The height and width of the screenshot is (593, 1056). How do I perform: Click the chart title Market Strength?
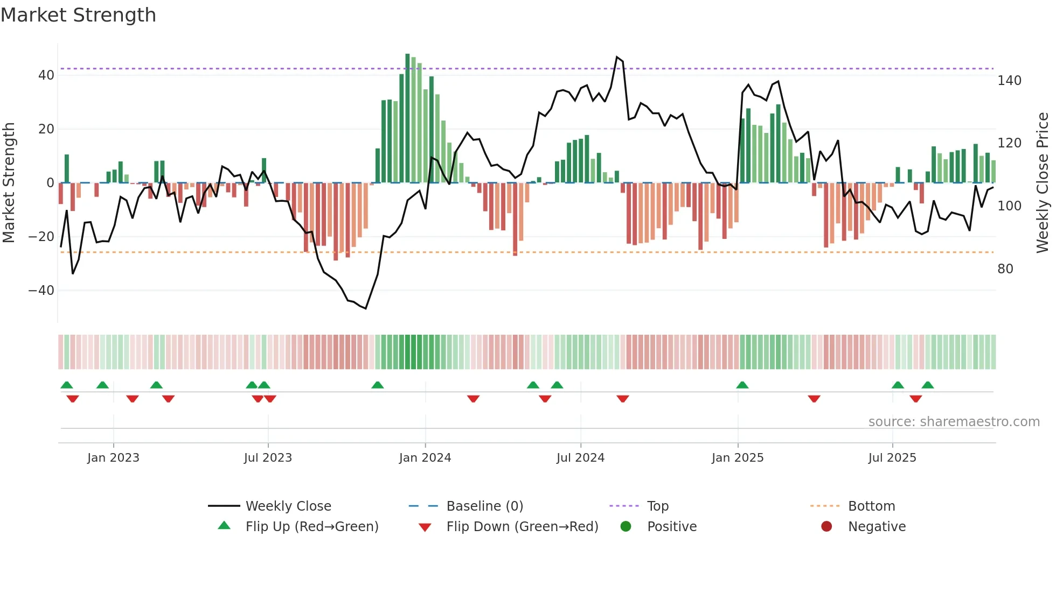pos(78,15)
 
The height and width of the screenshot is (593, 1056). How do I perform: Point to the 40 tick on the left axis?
pos(46,75)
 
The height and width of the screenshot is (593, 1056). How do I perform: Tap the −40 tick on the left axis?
pos(42,291)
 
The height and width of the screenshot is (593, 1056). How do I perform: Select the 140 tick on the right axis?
pos(1009,81)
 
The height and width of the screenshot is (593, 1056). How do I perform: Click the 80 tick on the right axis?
pos(1005,269)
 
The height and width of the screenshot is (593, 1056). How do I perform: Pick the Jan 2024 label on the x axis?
pos(425,458)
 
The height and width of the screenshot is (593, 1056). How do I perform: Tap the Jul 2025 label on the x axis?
pos(892,458)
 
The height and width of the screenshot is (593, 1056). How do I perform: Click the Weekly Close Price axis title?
pos(1043,183)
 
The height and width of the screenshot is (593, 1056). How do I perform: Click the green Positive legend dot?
pos(626,527)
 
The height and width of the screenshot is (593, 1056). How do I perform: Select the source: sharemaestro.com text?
pos(954,422)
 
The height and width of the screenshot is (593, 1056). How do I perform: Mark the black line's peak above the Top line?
pos(617,57)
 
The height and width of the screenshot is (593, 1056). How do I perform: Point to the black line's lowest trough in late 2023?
pos(365,308)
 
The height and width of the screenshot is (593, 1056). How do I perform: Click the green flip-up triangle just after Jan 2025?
pos(742,385)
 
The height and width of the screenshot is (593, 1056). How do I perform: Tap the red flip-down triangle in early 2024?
pos(473,399)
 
